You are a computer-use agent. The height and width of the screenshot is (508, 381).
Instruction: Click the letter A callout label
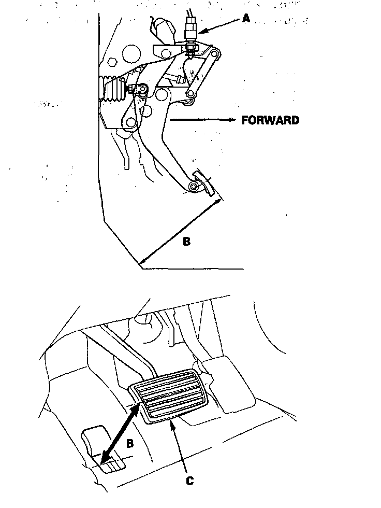pyautogui.click(x=246, y=19)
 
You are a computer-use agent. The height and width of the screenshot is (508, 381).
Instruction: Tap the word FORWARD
pyautogui.click(x=270, y=120)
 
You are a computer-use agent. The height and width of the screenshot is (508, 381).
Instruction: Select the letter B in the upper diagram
pyautogui.click(x=187, y=241)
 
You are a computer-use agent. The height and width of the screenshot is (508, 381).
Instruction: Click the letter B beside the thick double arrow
pyautogui.click(x=131, y=443)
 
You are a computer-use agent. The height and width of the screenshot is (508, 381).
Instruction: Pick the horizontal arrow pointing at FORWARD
pyautogui.click(x=202, y=120)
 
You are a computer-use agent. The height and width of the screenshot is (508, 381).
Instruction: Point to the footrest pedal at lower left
pyautogui.click(x=101, y=446)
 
